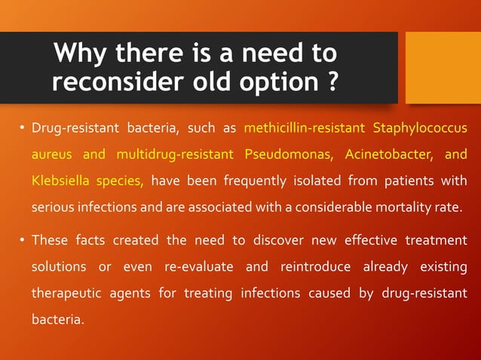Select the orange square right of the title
[443, 67]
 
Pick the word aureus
[51, 154]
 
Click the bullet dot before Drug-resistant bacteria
[22, 127]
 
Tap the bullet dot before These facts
[22, 241]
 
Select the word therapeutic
[67, 294]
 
